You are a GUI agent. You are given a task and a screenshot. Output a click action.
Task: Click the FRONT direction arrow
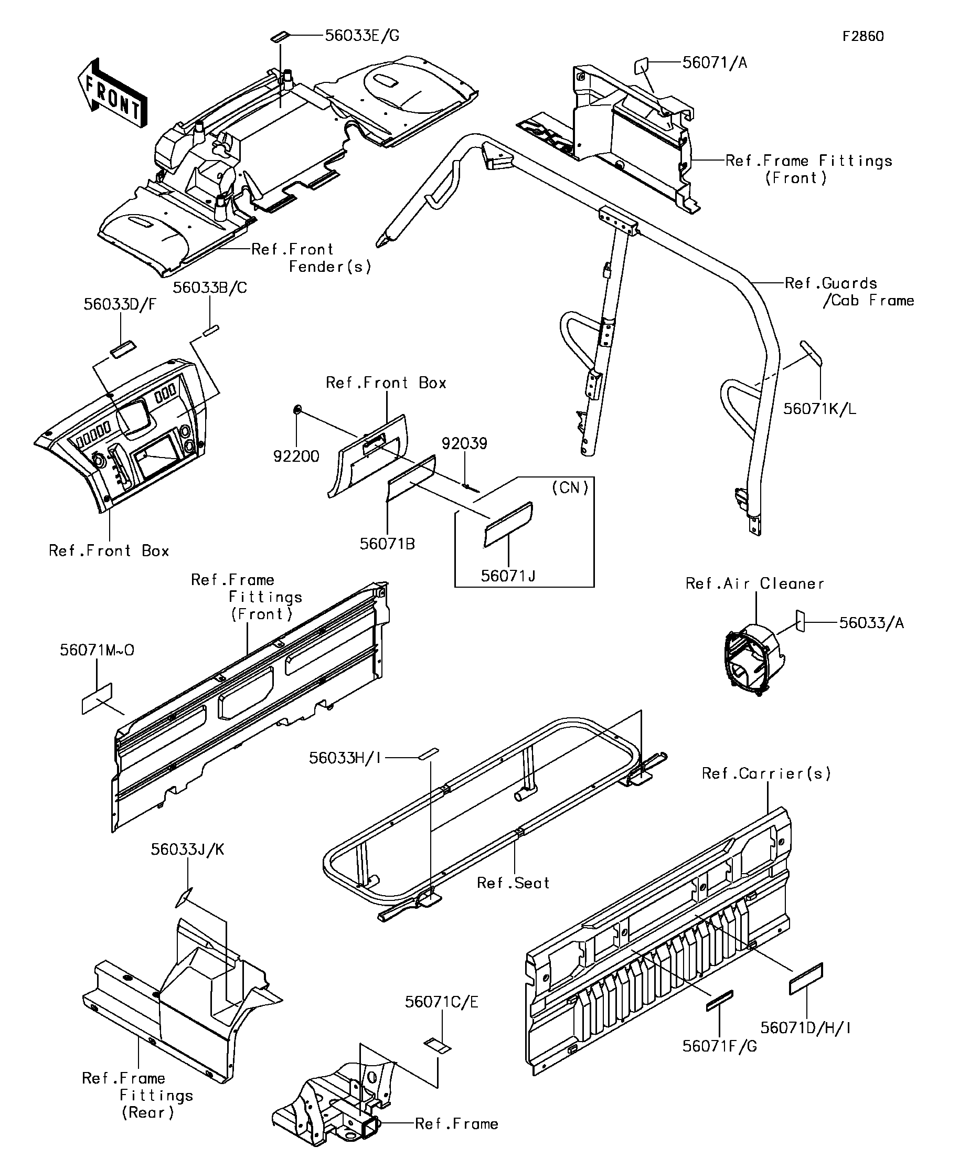(113, 93)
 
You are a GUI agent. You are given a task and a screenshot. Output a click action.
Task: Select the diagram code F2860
(863, 36)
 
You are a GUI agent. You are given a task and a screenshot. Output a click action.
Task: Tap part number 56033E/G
(362, 36)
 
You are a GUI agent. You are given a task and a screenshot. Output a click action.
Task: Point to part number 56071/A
(715, 63)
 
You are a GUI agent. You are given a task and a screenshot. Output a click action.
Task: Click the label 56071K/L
(819, 409)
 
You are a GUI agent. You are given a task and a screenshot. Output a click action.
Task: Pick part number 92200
(296, 456)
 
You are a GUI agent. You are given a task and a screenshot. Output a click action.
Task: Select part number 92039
(464, 443)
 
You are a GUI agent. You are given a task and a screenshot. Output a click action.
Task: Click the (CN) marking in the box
(570, 487)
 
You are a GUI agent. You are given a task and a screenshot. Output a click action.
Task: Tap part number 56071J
(508, 576)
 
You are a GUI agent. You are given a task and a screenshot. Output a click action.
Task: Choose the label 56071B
(387, 544)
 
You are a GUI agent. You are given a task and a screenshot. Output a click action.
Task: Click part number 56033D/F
(120, 305)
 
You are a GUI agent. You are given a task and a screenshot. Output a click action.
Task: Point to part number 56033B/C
(210, 288)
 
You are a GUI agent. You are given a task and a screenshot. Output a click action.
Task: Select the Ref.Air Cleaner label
(754, 584)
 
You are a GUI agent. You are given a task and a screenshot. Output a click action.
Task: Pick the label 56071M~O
(97, 650)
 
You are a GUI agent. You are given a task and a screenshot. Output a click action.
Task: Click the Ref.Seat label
(513, 883)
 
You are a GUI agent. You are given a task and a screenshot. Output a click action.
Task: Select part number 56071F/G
(719, 1046)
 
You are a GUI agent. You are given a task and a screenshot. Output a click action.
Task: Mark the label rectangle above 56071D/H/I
(806, 979)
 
